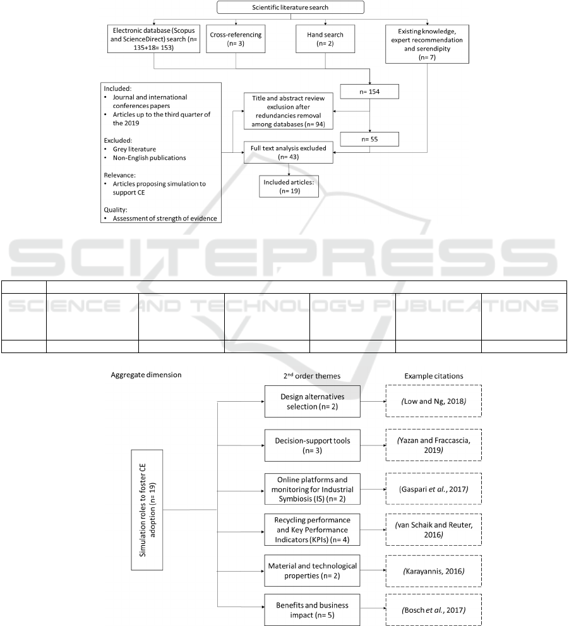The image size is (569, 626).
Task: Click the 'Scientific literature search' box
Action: tap(290, 8)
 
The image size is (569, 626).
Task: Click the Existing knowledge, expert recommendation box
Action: tap(428, 45)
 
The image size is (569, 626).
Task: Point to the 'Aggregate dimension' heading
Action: tap(146, 375)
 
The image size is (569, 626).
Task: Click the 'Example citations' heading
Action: tap(434, 376)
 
